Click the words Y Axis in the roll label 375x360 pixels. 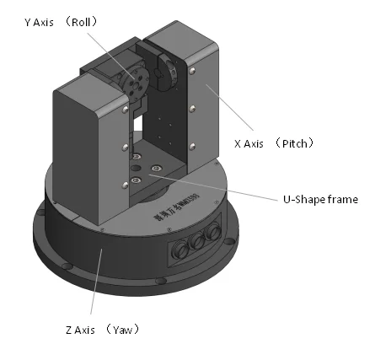[42, 24]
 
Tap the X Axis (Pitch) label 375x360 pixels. [273, 144]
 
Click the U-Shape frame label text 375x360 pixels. [319, 200]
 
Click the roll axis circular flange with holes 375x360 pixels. [134, 83]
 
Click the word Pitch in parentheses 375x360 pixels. [297, 144]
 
